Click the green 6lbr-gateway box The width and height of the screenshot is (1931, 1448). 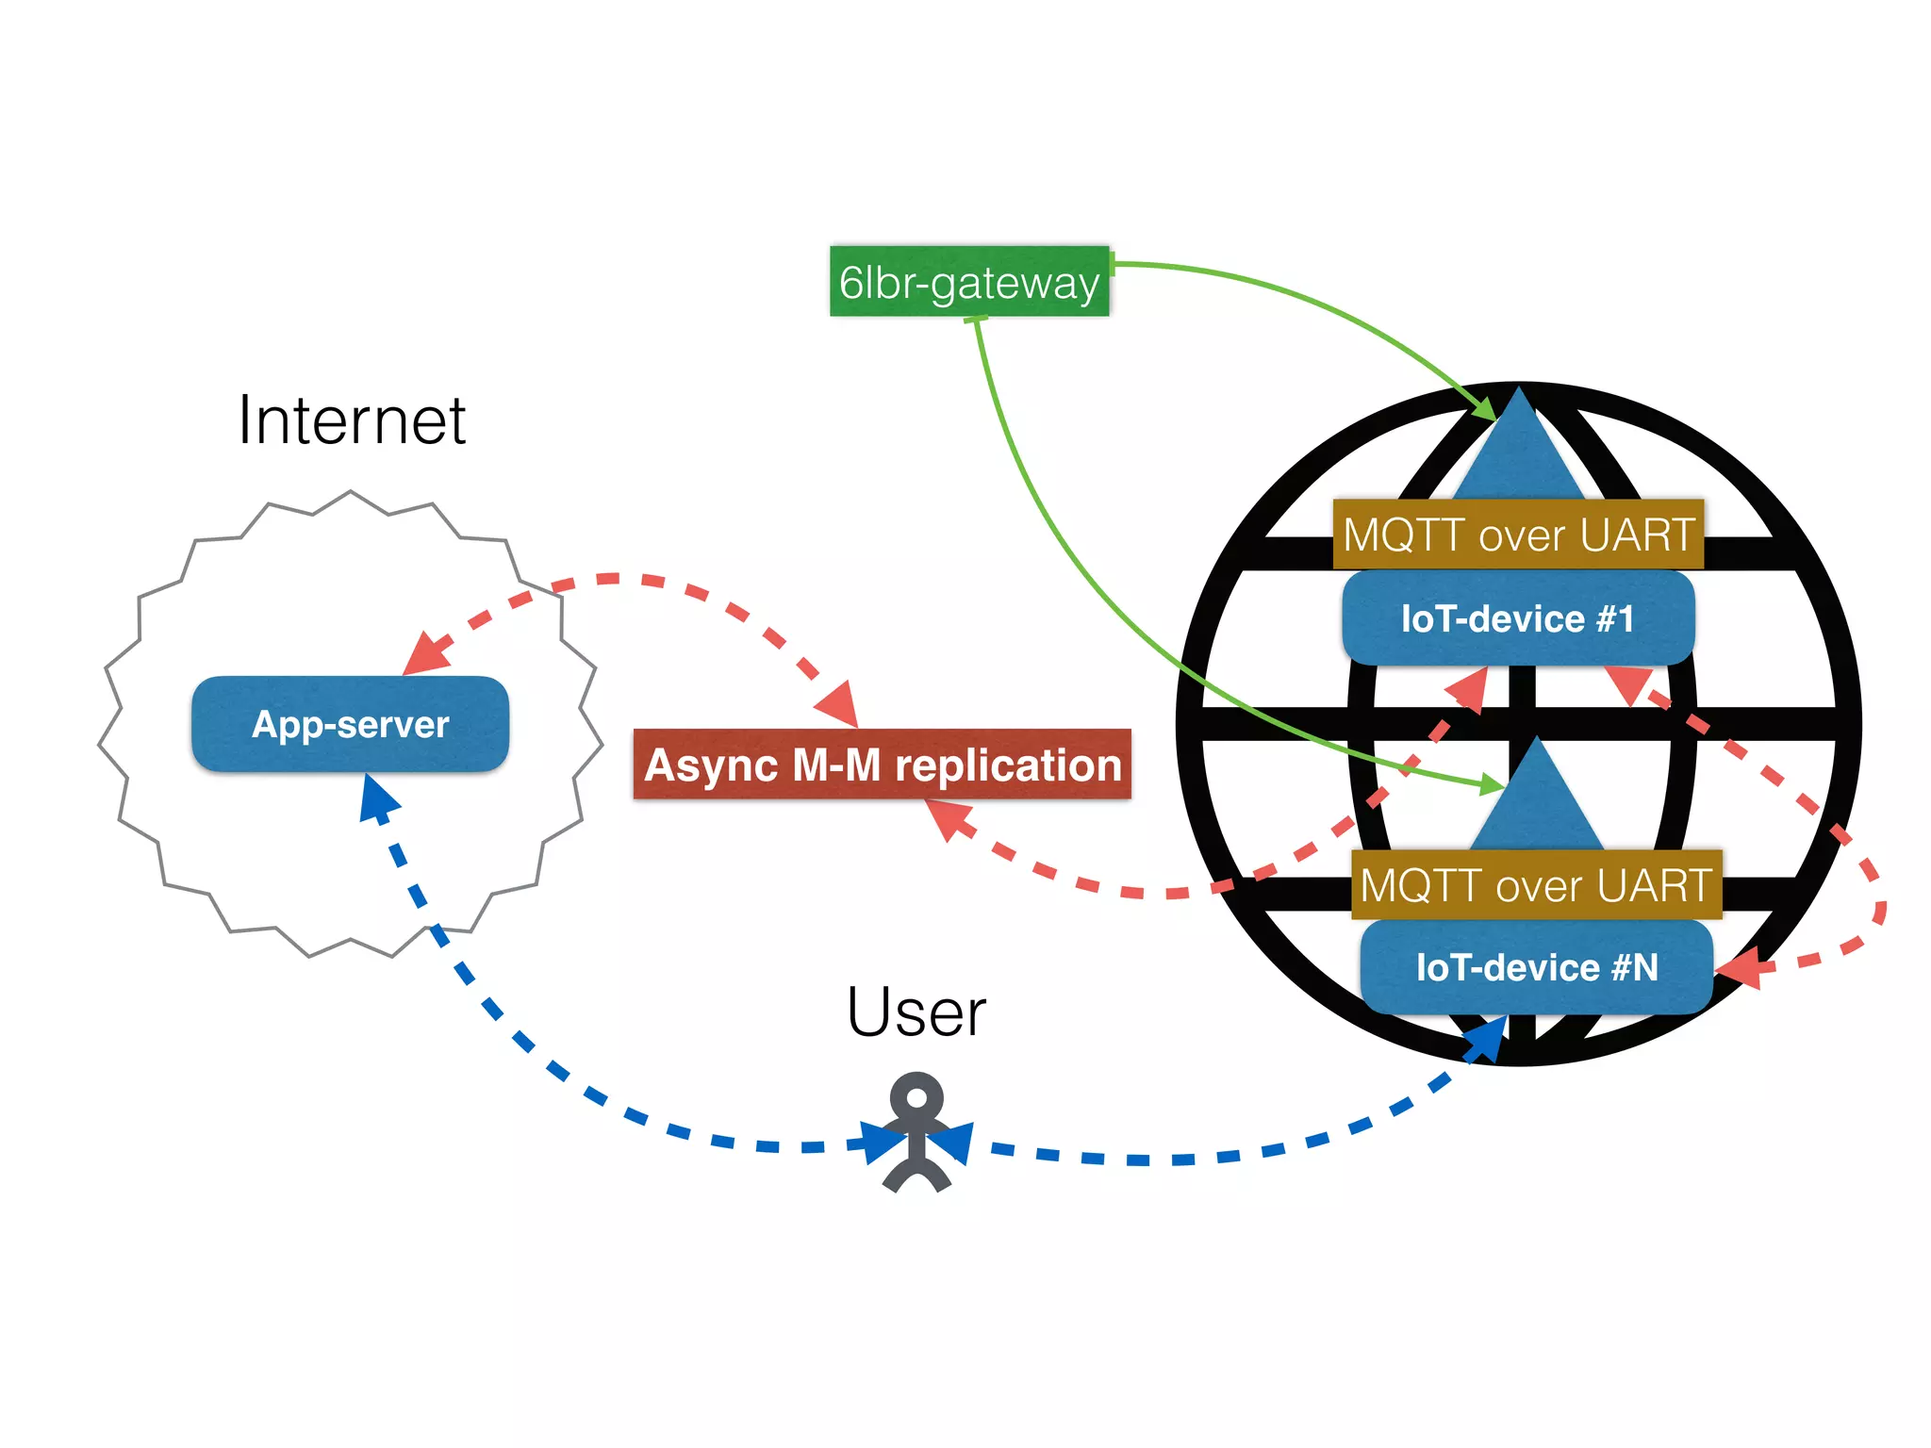[969, 281]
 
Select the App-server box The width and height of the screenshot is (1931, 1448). [350, 724]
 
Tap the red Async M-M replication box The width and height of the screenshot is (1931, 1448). [882, 764]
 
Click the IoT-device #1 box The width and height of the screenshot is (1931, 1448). [1518, 618]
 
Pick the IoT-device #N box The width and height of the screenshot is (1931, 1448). [1536, 967]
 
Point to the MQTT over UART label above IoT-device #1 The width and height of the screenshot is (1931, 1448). [1518, 535]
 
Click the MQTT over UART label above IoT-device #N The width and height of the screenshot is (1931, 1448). [1536, 885]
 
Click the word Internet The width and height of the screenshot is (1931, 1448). [351, 420]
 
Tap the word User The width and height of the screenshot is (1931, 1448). [916, 1012]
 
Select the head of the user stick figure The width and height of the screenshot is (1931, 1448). [916, 1098]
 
